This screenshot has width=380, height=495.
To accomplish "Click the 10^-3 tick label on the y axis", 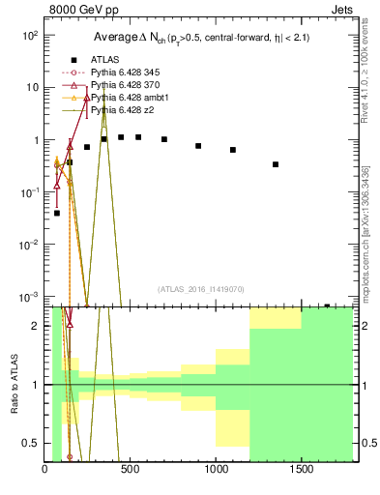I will (30, 297).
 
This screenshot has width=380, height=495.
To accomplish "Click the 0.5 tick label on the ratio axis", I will (32, 444).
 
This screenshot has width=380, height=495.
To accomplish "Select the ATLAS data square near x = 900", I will (198, 146).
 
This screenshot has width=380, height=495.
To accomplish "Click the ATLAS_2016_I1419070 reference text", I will (200, 289).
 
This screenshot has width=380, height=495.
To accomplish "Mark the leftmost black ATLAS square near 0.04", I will (57, 213).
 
